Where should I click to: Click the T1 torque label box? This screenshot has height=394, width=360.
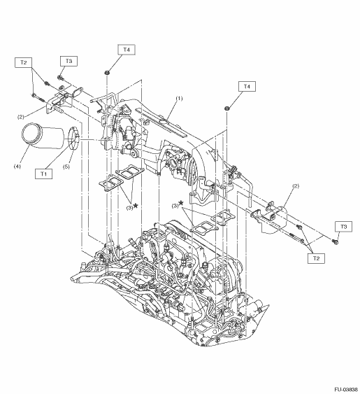(x=43, y=174)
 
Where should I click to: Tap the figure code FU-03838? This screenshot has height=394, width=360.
(x=346, y=390)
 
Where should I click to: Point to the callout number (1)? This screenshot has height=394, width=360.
(x=179, y=99)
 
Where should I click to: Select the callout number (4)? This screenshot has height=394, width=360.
(x=17, y=167)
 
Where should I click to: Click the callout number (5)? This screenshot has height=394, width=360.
(x=66, y=167)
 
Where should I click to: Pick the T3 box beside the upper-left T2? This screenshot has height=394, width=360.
(x=69, y=61)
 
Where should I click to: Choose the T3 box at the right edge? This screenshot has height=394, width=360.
(x=343, y=227)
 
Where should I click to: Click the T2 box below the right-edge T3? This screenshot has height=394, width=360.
(x=316, y=258)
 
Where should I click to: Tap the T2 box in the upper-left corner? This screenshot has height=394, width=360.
(x=23, y=62)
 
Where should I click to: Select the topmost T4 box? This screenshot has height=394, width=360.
(x=127, y=50)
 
